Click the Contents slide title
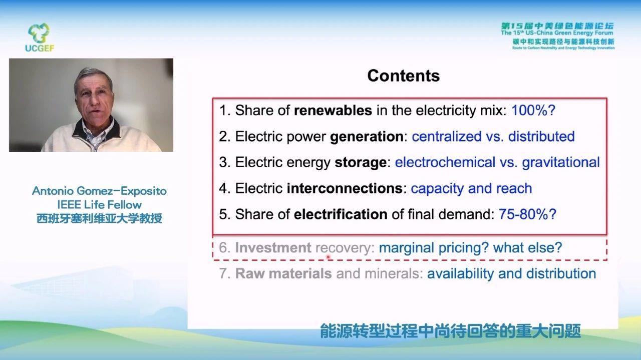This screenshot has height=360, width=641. [404, 76]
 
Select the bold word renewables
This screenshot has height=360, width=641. [333, 111]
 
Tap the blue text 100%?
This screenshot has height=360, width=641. [533, 110]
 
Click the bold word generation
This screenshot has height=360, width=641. [367, 137]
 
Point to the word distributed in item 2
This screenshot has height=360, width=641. [541, 137]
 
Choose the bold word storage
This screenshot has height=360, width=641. [361, 163]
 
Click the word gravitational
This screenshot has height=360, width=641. [561, 163]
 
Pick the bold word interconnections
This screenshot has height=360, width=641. [345, 188]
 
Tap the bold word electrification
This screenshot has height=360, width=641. [341, 214]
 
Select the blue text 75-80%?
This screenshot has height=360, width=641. [527, 214]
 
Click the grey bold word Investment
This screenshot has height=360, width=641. [273, 247]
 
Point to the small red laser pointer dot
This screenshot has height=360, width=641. [328, 257]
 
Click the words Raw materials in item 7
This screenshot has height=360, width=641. [283, 273]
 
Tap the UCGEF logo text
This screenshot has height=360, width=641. [40, 48]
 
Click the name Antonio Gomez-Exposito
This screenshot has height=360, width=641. [99, 191]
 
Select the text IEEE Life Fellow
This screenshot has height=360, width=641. [99, 205]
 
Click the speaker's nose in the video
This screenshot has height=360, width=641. [93, 102]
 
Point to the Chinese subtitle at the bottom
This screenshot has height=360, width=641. [450, 331]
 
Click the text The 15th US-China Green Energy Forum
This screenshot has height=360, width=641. [557, 33]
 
